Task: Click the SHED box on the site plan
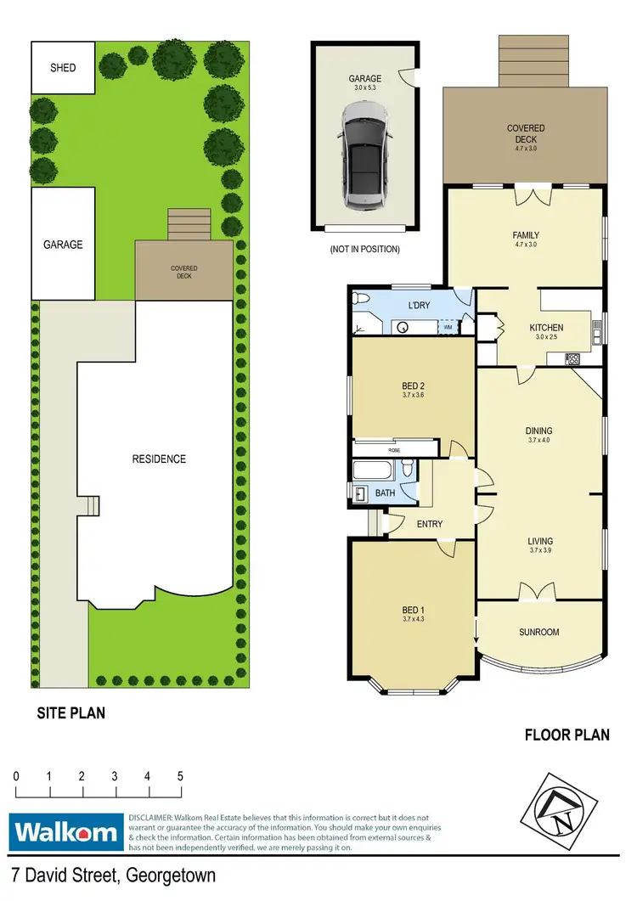point(63,67)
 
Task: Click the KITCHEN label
point(546,328)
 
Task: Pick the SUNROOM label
point(540,632)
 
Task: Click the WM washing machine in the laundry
point(448,326)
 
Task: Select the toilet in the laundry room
point(361,298)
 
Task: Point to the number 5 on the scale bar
point(180,776)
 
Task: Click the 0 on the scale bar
point(16,776)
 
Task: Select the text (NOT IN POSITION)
point(365,250)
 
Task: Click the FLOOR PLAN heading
point(566,735)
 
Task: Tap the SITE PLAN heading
point(71,713)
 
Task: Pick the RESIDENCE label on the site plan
point(159,459)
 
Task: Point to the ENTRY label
point(430,524)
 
